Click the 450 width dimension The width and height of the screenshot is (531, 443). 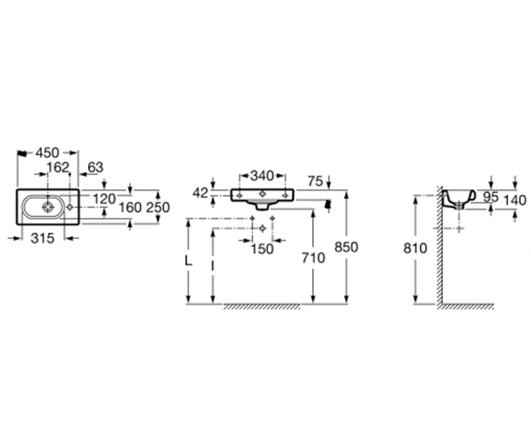[x=47, y=153]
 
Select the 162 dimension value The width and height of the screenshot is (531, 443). [x=58, y=167]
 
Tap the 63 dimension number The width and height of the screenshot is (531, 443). [x=96, y=167]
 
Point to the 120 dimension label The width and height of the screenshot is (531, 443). [x=104, y=199]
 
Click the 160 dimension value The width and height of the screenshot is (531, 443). [x=130, y=207]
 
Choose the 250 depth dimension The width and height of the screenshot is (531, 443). [x=158, y=207]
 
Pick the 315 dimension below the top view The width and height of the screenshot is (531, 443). [x=42, y=239]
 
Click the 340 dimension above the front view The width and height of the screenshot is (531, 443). [x=262, y=176]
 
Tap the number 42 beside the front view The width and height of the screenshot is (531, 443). [x=200, y=193]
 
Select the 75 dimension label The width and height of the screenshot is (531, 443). [x=316, y=181]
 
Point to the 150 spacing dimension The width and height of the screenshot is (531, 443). [x=262, y=249]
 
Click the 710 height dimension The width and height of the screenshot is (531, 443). [x=313, y=258]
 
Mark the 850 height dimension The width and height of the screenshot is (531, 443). [x=346, y=247]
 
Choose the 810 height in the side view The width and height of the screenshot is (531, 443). [x=415, y=248]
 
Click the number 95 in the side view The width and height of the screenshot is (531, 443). [x=491, y=197]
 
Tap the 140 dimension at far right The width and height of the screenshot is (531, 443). [x=515, y=200]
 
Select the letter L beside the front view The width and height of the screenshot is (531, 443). [x=188, y=261]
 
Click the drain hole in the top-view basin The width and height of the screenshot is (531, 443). [x=48, y=207]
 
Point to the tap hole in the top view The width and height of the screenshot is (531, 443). [x=69, y=207]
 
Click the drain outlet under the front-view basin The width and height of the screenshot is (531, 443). [x=262, y=206]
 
